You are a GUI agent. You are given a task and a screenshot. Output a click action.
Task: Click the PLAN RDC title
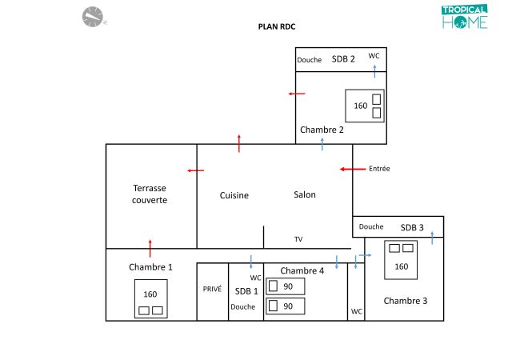click(x=276, y=26)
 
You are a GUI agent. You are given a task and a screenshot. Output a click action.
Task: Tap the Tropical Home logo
click(x=464, y=17)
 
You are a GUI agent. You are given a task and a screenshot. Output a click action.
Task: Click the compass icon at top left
click(x=93, y=16)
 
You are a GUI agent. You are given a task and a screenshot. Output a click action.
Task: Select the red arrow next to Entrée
click(x=352, y=169)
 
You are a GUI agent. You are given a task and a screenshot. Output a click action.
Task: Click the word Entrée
click(x=379, y=169)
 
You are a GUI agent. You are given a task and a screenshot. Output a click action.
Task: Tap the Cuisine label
click(x=234, y=195)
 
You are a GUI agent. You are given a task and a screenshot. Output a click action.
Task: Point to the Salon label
click(x=305, y=194)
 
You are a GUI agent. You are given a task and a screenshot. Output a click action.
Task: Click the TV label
click(x=298, y=239)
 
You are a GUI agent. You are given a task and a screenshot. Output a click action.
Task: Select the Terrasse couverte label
click(x=150, y=194)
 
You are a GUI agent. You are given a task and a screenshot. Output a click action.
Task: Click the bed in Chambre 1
click(x=150, y=298)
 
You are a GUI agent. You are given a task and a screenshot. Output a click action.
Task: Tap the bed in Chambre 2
click(x=365, y=106)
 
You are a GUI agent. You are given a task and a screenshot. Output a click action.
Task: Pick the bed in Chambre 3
click(x=402, y=260)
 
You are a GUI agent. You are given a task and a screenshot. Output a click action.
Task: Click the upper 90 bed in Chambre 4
click(x=285, y=286)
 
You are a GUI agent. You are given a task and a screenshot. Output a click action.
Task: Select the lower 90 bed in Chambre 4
click(x=285, y=306)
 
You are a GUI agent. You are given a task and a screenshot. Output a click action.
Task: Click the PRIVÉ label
click(x=212, y=290)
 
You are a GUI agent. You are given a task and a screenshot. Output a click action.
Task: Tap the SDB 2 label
click(x=343, y=59)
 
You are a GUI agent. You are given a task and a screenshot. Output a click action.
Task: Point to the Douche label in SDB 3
click(x=371, y=226)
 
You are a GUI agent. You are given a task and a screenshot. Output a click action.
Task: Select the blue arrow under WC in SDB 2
click(x=374, y=71)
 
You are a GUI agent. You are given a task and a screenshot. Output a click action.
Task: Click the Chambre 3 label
click(x=405, y=301)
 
